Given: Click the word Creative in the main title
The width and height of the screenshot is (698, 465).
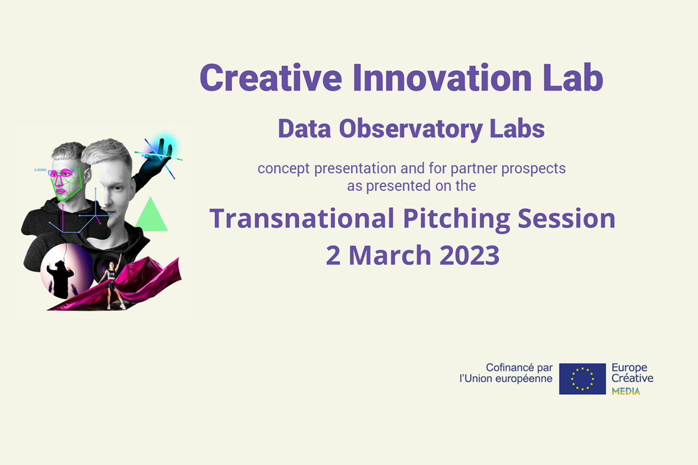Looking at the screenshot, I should coord(270,78).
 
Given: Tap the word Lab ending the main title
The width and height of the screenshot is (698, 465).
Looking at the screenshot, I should coord(573,78).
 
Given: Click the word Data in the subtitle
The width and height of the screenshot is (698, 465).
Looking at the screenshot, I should coord(304,129).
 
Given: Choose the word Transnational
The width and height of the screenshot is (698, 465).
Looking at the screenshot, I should coord(302,219).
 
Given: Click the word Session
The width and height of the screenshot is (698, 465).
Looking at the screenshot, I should coord(566,219).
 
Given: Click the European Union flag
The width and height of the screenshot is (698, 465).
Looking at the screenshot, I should coord(582,379).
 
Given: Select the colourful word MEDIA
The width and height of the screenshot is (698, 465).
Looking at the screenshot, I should coord(626,392).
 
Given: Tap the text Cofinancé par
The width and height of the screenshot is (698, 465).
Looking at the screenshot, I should coord(519,367).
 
